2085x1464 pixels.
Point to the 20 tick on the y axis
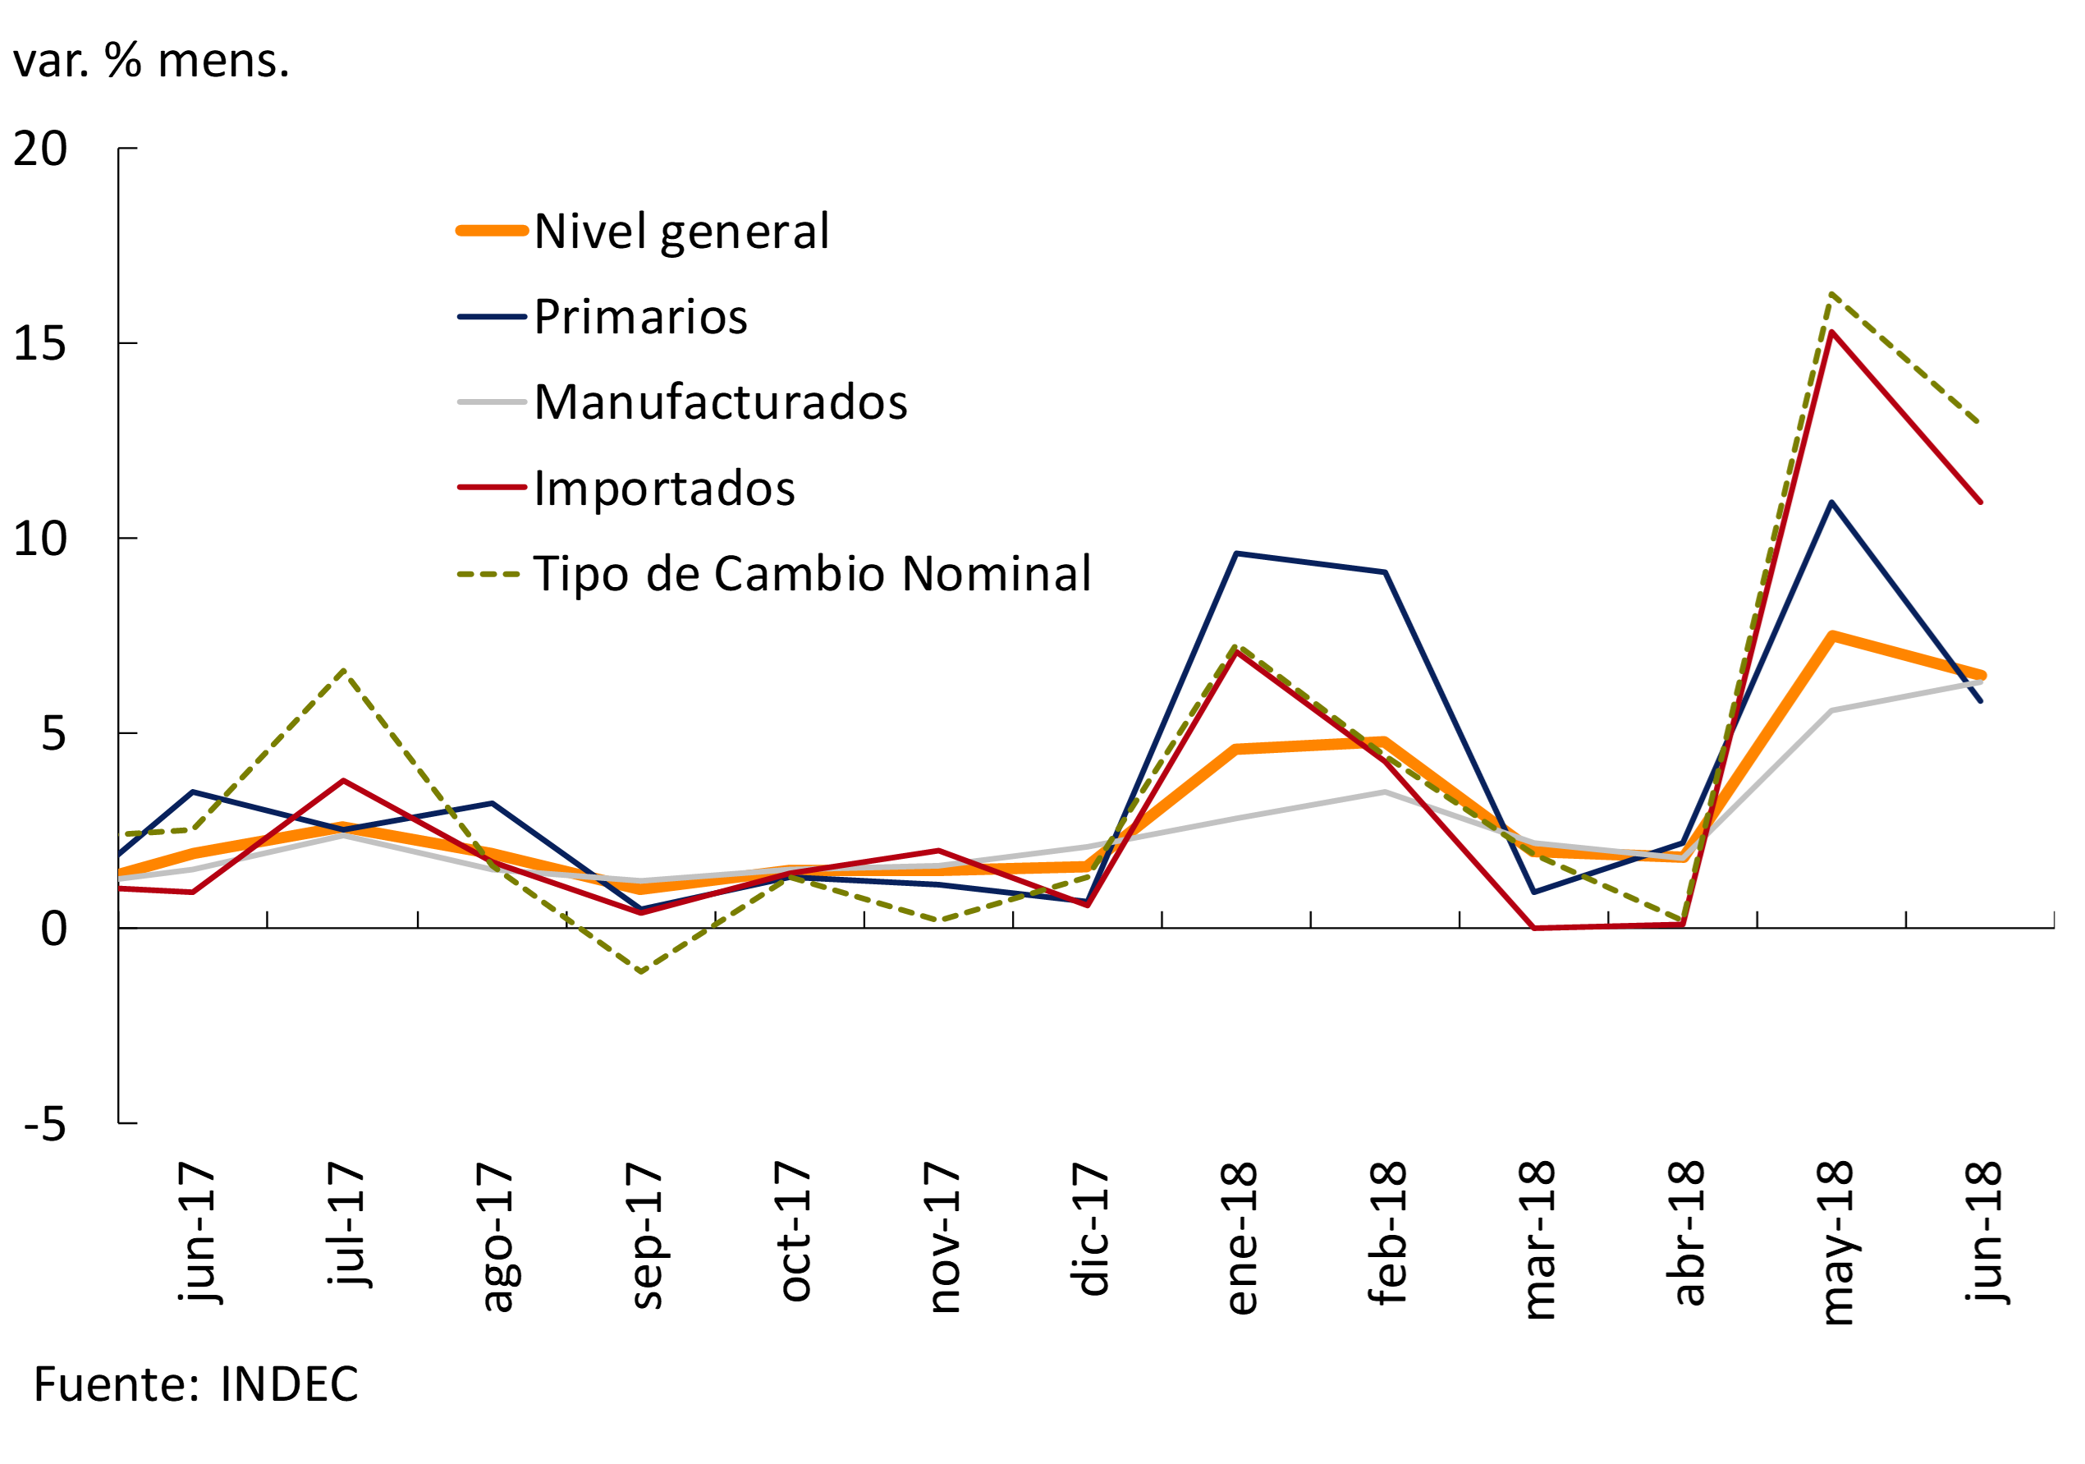40,149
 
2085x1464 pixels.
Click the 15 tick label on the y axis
40,344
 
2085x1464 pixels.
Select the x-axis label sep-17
646,1234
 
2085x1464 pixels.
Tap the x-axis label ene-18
1240,1237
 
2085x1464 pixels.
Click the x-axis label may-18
1836,1242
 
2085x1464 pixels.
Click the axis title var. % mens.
151,61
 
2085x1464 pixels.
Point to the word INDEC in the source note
290,1384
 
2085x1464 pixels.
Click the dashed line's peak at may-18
1832,294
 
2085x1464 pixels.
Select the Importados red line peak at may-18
1832,333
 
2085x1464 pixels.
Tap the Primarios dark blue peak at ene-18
1237,553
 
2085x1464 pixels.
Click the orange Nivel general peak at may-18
1832,636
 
